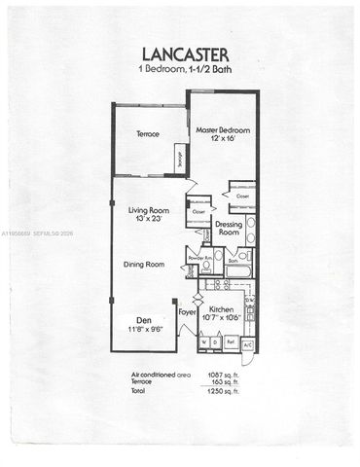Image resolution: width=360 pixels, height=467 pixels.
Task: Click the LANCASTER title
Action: coord(179,55)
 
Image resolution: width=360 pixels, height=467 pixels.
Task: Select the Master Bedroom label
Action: coord(223,129)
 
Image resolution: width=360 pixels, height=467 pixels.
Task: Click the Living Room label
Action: coord(150,209)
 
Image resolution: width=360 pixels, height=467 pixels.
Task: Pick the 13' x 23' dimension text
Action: coord(150,220)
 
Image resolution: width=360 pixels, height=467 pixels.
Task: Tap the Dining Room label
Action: coord(149,264)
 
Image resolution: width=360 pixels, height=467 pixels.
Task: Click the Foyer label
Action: coord(187,312)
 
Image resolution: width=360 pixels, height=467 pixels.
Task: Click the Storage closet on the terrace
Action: coord(180,156)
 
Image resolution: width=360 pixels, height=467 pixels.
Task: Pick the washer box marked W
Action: coord(201,342)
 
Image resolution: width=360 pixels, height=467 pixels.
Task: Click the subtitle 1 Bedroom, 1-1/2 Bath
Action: coord(179,74)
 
